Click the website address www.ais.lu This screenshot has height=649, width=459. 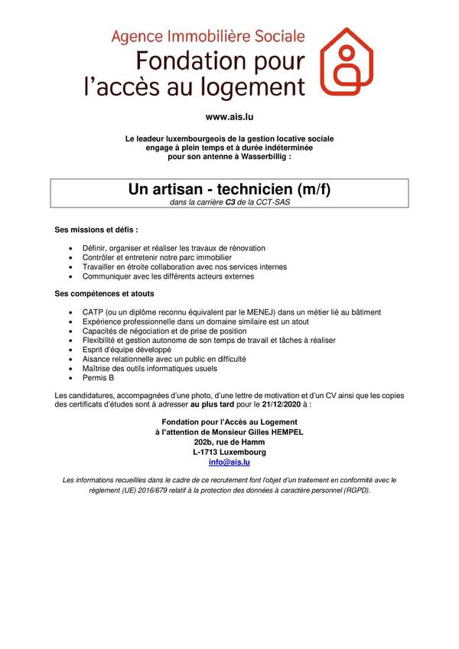[x=229, y=117]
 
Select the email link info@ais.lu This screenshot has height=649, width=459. [x=229, y=463]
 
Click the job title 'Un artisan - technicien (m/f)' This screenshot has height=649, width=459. [x=229, y=188]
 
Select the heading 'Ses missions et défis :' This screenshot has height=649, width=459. [x=96, y=230]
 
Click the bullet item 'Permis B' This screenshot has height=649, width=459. [x=97, y=377]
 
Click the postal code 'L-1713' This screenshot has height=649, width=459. [x=203, y=452]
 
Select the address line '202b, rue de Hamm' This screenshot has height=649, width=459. [x=229, y=442]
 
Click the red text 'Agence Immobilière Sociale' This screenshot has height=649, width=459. [x=208, y=36]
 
